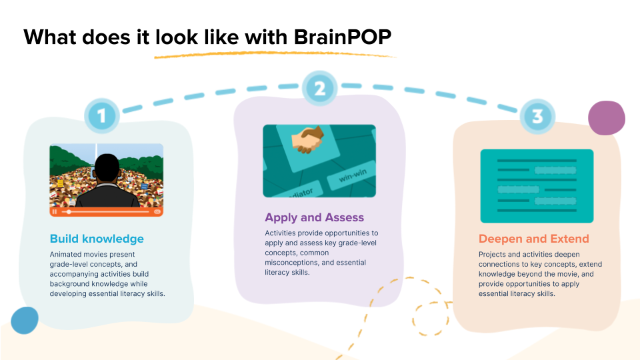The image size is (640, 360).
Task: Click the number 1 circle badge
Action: click(101, 116)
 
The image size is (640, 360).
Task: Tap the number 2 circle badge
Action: click(319, 88)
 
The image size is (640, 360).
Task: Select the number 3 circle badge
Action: click(537, 117)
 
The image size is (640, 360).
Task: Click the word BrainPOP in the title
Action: click(343, 37)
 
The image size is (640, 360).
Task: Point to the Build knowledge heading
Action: click(97, 239)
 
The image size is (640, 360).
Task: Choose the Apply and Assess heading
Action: click(315, 217)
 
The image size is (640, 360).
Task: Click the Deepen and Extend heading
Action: click(534, 239)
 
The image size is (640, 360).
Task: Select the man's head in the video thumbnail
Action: click(106, 169)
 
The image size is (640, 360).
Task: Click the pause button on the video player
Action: click(55, 211)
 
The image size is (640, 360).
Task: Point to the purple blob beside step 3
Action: click(607, 118)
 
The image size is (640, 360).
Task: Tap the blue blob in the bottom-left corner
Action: click(24, 321)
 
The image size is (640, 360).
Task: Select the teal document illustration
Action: click(537, 186)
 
